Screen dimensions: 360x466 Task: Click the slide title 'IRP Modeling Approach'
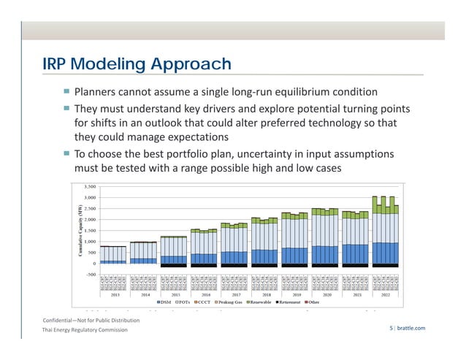tap(137, 65)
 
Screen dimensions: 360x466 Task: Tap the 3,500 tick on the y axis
tap(88, 186)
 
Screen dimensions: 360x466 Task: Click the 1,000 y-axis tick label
tap(88, 242)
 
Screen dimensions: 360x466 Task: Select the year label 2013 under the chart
tap(115, 295)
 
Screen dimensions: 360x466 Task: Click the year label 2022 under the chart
tap(385, 295)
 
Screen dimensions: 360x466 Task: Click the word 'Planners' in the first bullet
tap(97, 93)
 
